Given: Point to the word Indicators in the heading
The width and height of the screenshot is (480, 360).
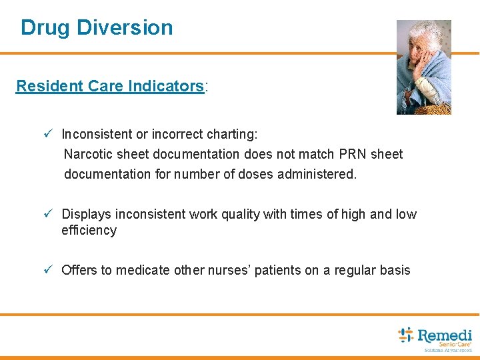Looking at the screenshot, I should coord(171,86).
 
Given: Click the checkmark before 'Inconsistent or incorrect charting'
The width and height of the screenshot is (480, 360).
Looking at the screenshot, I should coord(48,134).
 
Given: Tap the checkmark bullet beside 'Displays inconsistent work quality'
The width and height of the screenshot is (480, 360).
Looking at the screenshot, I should coord(48,214).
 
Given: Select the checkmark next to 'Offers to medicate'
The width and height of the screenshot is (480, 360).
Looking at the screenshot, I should coord(48,270).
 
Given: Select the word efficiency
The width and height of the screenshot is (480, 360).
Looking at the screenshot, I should coord(89,231).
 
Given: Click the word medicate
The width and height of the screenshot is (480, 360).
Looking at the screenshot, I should coord(145,270).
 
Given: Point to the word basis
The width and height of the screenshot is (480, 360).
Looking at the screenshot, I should coord(393,270).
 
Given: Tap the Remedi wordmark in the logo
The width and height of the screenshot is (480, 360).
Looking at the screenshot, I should coord(445,335).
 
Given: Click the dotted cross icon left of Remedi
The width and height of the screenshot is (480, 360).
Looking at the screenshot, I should coord(405,335).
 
